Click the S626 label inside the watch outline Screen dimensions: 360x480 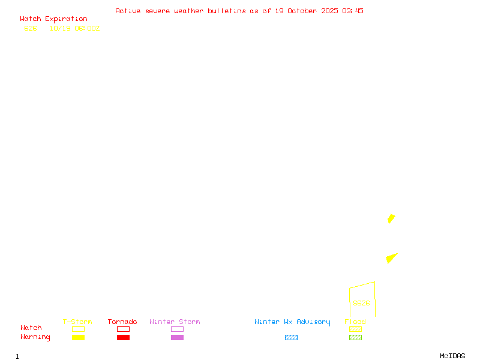coord(361,303)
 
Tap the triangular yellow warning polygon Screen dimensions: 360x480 coord(391,258)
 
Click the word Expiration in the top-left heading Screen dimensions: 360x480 coord(66,19)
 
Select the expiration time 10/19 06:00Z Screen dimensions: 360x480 coord(74,28)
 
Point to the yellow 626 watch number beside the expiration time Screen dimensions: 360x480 coord(31,28)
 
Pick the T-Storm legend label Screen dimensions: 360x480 coord(77,322)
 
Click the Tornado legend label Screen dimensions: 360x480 coord(122,322)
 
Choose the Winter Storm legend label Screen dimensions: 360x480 coord(175,322)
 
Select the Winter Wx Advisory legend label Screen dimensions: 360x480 coord(292,322)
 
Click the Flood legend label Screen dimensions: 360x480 coord(355,322)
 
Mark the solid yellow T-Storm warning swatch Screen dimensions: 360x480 coord(78,338)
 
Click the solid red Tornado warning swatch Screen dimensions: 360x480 coord(123,338)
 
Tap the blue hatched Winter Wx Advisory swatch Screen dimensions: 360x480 coord(291,338)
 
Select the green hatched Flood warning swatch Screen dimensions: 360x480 coord(355,338)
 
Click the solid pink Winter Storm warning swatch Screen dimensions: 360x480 coord(177,338)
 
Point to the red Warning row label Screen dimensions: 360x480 coord(35,337)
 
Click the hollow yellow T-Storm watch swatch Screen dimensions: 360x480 coord(78,329)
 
